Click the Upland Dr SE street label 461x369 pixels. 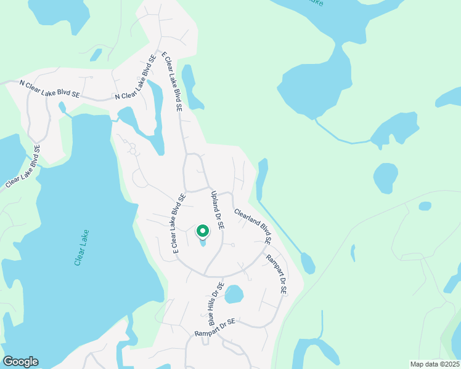(x=218, y=210)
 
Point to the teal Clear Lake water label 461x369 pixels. (x=81, y=248)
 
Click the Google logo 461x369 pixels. (x=20, y=362)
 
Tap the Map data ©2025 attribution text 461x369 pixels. (x=434, y=364)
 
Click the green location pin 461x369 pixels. (x=202, y=231)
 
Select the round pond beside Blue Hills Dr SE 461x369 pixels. (x=234, y=295)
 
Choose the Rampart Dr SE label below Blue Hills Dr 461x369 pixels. (x=215, y=327)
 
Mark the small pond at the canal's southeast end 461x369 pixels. (x=308, y=263)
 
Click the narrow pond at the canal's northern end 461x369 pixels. (x=263, y=178)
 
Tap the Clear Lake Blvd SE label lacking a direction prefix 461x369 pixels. (x=23, y=166)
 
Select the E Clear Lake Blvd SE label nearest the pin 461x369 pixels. (x=179, y=224)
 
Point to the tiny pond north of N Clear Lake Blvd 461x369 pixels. (x=96, y=55)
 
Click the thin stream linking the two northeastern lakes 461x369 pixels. (x=342, y=137)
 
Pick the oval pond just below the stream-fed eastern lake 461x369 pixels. (x=385, y=178)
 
